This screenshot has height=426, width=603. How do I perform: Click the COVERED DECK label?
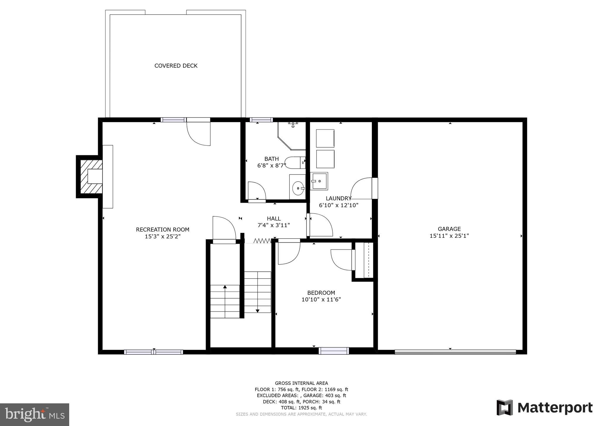pos(176,66)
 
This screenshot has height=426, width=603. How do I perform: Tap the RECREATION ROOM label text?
pos(163,229)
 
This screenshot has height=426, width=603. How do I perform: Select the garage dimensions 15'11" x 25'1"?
pos(449,236)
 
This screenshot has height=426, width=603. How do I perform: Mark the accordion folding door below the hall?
pos(262,241)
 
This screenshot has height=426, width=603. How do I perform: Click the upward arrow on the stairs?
pos(225,287)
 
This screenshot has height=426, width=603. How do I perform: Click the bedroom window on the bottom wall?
pos(334,351)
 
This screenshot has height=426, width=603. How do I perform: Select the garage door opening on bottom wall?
pos(455,352)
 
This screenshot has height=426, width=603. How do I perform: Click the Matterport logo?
pos(544,408)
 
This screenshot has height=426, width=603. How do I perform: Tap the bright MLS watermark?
pos(34,415)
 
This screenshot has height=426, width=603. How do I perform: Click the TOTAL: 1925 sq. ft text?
pos(301,408)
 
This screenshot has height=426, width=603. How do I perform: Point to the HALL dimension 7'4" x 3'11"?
pos(274,225)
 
